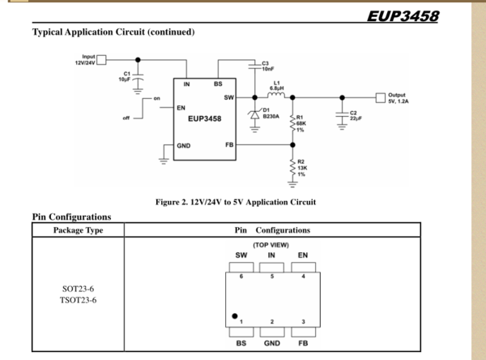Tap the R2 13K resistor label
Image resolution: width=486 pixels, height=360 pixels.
click(301, 168)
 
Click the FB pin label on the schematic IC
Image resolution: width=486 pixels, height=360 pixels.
click(229, 144)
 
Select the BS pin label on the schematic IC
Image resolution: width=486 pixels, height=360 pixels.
click(218, 84)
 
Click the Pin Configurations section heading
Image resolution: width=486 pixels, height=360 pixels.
click(71, 216)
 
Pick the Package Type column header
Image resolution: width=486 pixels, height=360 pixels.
click(78, 229)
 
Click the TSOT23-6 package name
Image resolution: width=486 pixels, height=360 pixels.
click(79, 300)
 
